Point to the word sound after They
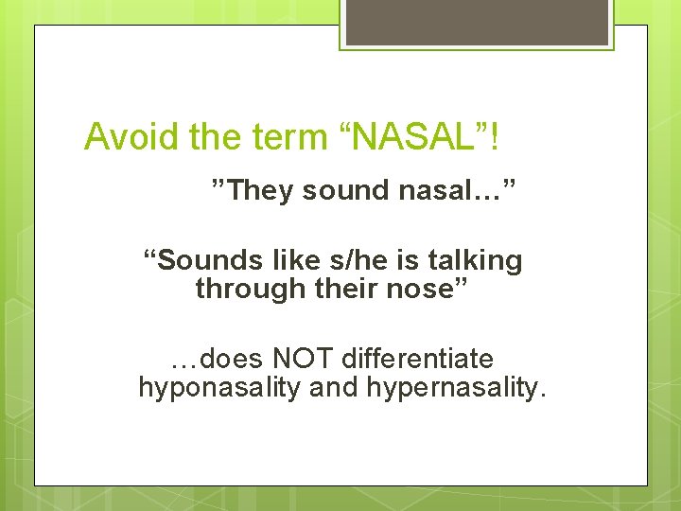pos(345,190)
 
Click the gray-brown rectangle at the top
pos(477,22)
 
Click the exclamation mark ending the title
pos(495,137)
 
